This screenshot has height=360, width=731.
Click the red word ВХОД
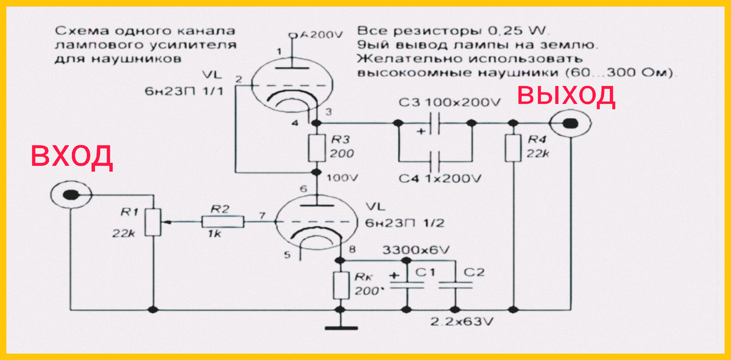(72, 157)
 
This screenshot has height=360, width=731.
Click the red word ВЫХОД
(567, 96)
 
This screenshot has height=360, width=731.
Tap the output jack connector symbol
(569, 124)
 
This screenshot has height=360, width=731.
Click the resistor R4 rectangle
(514, 147)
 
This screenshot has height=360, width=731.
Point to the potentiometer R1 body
(154, 222)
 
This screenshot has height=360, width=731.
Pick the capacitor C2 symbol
(454, 284)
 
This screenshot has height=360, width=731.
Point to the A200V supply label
(317, 35)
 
